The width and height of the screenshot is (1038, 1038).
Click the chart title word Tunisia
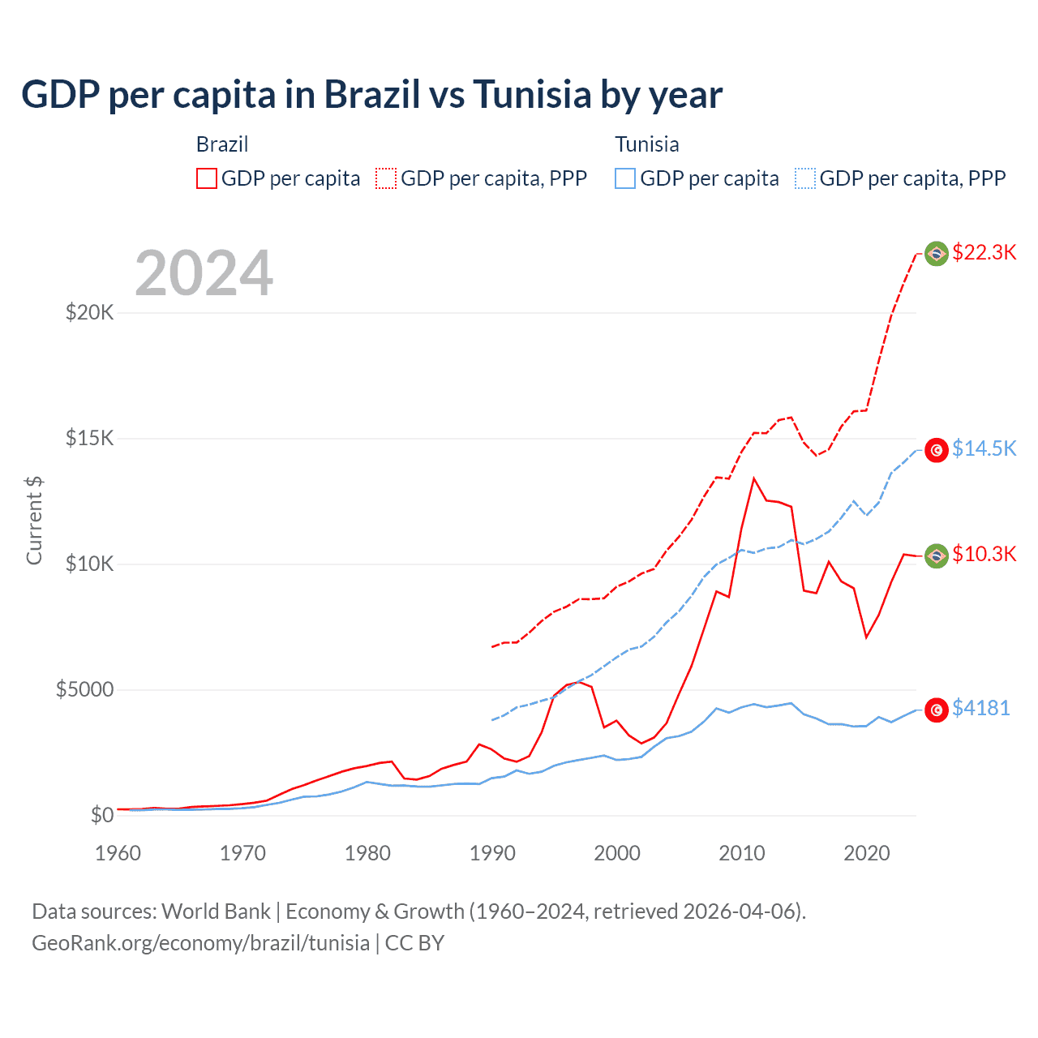(x=532, y=95)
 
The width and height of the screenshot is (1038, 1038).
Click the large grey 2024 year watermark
(x=204, y=273)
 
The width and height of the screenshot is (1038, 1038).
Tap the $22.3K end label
(x=984, y=252)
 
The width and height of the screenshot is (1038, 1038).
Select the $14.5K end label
(x=984, y=448)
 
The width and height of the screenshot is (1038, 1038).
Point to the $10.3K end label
(x=984, y=554)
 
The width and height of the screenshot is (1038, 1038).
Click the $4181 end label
(x=980, y=708)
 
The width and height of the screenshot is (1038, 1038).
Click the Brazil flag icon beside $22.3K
(x=937, y=254)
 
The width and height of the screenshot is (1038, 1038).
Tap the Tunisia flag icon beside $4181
(x=937, y=710)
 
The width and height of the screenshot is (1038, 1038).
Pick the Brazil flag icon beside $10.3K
(x=937, y=555)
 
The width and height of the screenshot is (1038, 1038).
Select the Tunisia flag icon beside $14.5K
(x=937, y=450)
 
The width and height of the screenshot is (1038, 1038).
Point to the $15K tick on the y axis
(x=89, y=439)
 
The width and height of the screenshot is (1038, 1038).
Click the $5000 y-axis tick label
(x=84, y=690)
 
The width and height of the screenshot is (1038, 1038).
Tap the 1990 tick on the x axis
(x=492, y=853)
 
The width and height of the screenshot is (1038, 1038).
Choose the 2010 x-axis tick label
(x=742, y=853)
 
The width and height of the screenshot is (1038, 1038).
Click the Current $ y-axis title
(x=34, y=520)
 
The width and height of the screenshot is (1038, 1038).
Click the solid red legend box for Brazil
(x=207, y=178)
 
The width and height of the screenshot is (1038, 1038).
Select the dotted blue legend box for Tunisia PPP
(x=805, y=178)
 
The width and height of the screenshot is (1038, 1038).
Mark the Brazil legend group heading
(x=222, y=144)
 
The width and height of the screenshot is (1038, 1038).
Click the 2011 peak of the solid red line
(x=753, y=478)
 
